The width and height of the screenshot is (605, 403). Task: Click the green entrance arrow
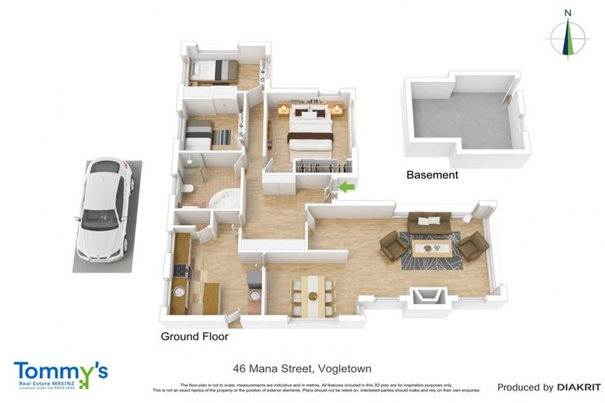coord(346,187)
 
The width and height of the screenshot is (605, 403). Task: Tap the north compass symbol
coord(567,35)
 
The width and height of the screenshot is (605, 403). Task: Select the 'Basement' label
coord(431,175)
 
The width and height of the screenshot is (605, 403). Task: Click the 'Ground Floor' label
coord(195,336)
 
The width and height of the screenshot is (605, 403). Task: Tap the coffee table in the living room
coord(431,249)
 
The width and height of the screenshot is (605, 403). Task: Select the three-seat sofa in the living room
coord(429,223)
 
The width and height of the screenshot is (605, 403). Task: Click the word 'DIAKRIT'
coord(579,387)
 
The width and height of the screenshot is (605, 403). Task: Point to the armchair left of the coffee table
coord(393,247)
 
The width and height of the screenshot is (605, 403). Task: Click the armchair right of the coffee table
coord(473,247)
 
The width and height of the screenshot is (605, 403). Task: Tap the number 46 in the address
coord(239,368)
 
